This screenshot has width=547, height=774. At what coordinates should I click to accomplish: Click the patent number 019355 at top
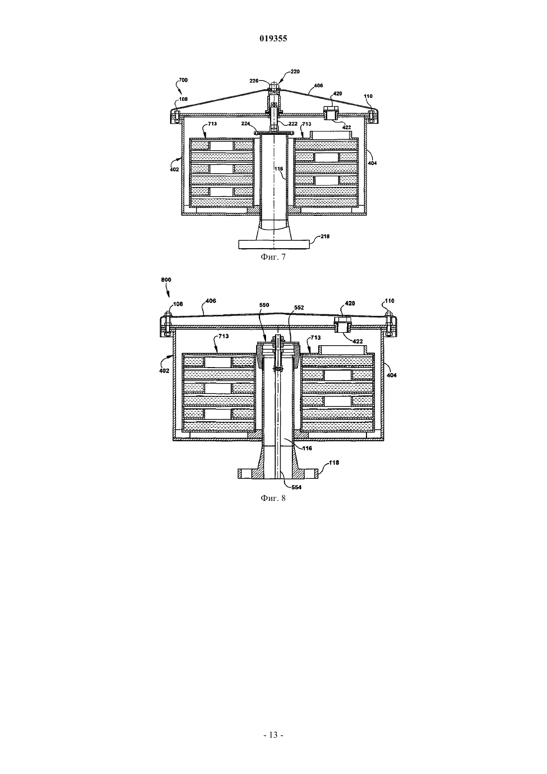pyautogui.click(x=273, y=38)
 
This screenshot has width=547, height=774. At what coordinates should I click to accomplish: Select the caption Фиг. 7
pyautogui.click(x=273, y=257)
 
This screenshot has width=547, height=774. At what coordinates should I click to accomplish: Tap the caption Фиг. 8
pyautogui.click(x=273, y=498)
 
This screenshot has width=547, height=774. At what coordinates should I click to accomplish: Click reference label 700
pyautogui.click(x=183, y=80)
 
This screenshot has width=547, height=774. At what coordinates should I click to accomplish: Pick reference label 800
pyautogui.click(x=166, y=280)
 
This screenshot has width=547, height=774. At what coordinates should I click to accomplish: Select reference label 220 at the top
pyautogui.click(x=295, y=72)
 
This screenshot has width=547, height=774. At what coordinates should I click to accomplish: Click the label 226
pyautogui.click(x=254, y=81)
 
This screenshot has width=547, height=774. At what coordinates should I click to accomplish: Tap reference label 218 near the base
pyautogui.click(x=325, y=236)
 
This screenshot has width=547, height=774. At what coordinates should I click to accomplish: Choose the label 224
pyautogui.click(x=246, y=123)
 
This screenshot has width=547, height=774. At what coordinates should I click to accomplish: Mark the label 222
pyautogui.click(x=293, y=124)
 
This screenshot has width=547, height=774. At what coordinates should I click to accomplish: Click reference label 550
pyautogui.click(x=264, y=305)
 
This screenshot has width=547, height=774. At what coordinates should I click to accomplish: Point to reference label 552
pyautogui.click(x=299, y=307)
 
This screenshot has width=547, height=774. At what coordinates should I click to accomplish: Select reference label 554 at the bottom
pyautogui.click(x=296, y=487)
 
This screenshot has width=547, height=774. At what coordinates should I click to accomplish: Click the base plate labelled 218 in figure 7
pyautogui.click(x=273, y=244)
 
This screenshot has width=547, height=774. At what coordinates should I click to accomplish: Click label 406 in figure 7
pyautogui.click(x=318, y=86)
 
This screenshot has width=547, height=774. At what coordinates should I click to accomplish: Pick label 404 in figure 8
pyautogui.click(x=391, y=375)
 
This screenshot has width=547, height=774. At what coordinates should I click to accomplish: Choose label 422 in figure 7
pyautogui.click(x=347, y=127)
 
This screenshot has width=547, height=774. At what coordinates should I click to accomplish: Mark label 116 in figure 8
pyautogui.click(x=307, y=448)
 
